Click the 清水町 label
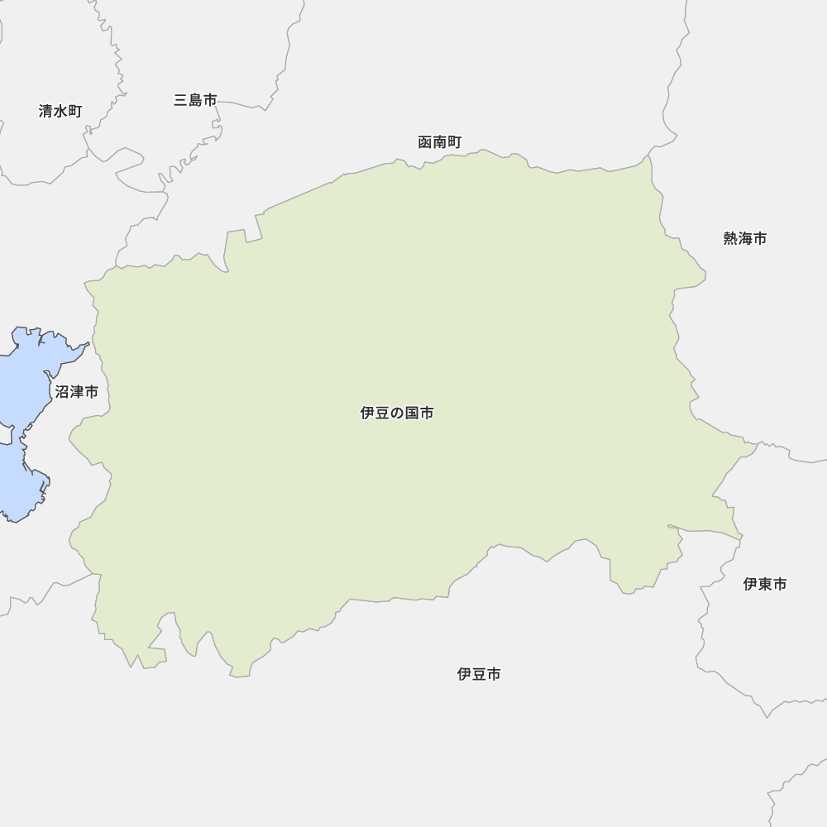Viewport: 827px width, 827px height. pyautogui.click(x=60, y=111)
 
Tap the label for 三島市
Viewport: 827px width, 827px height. pyautogui.click(x=195, y=100)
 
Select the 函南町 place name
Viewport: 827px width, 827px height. pyautogui.click(x=440, y=142)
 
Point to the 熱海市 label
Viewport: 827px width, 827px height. pyautogui.click(x=745, y=238)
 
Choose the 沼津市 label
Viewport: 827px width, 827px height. pyautogui.click(x=77, y=392)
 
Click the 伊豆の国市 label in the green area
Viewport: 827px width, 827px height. pyautogui.click(x=397, y=413)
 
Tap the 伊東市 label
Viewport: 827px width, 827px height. pyautogui.click(x=765, y=584)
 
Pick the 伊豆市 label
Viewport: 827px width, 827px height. pyautogui.click(x=479, y=674)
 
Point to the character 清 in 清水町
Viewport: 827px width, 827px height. pyautogui.click(x=46, y=111)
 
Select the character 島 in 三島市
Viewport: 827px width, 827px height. pyautogui.click(x=195, y=100)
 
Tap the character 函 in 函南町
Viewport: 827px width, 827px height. pyautogui.click(x=425, y=142)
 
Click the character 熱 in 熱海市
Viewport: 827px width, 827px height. pyautogui.click(x=731, y=238)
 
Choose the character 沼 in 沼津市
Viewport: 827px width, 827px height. pyautogui.click(x=62, y=392)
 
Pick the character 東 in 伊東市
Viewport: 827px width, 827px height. pyautogui.click(x=765, y=584)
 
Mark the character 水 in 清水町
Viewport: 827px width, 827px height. pyautogui.click(x=60, y=111)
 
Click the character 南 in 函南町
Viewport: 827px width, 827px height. pyautogui.click(x=440, y=142)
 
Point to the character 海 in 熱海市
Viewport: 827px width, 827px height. pyautogui.click(x=745, y=238)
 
